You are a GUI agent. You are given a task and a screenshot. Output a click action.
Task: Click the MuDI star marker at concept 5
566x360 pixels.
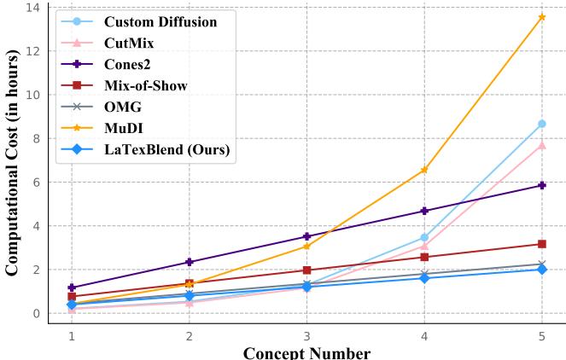541,17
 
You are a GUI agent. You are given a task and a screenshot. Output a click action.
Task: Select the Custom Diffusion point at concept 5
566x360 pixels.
541,124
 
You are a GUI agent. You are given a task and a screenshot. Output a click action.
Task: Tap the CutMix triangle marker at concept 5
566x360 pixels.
541,145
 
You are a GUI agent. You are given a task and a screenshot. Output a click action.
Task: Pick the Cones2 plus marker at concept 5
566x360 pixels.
541,185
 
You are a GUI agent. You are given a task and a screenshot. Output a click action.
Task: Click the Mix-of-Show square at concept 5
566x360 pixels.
541,244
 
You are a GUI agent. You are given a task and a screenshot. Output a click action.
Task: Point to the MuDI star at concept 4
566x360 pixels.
424,170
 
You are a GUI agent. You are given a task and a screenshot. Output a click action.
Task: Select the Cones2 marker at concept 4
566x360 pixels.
424,211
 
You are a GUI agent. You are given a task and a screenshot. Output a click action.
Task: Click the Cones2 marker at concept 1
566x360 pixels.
72,287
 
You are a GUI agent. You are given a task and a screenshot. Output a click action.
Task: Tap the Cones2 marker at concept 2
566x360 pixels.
190,262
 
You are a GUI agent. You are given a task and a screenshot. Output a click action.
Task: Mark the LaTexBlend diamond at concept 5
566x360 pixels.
541,270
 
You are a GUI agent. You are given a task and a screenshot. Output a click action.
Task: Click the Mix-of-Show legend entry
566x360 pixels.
145,85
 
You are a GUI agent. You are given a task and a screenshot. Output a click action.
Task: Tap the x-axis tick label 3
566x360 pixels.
307,336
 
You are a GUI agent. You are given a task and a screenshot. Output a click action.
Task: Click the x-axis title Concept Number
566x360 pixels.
306,352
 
